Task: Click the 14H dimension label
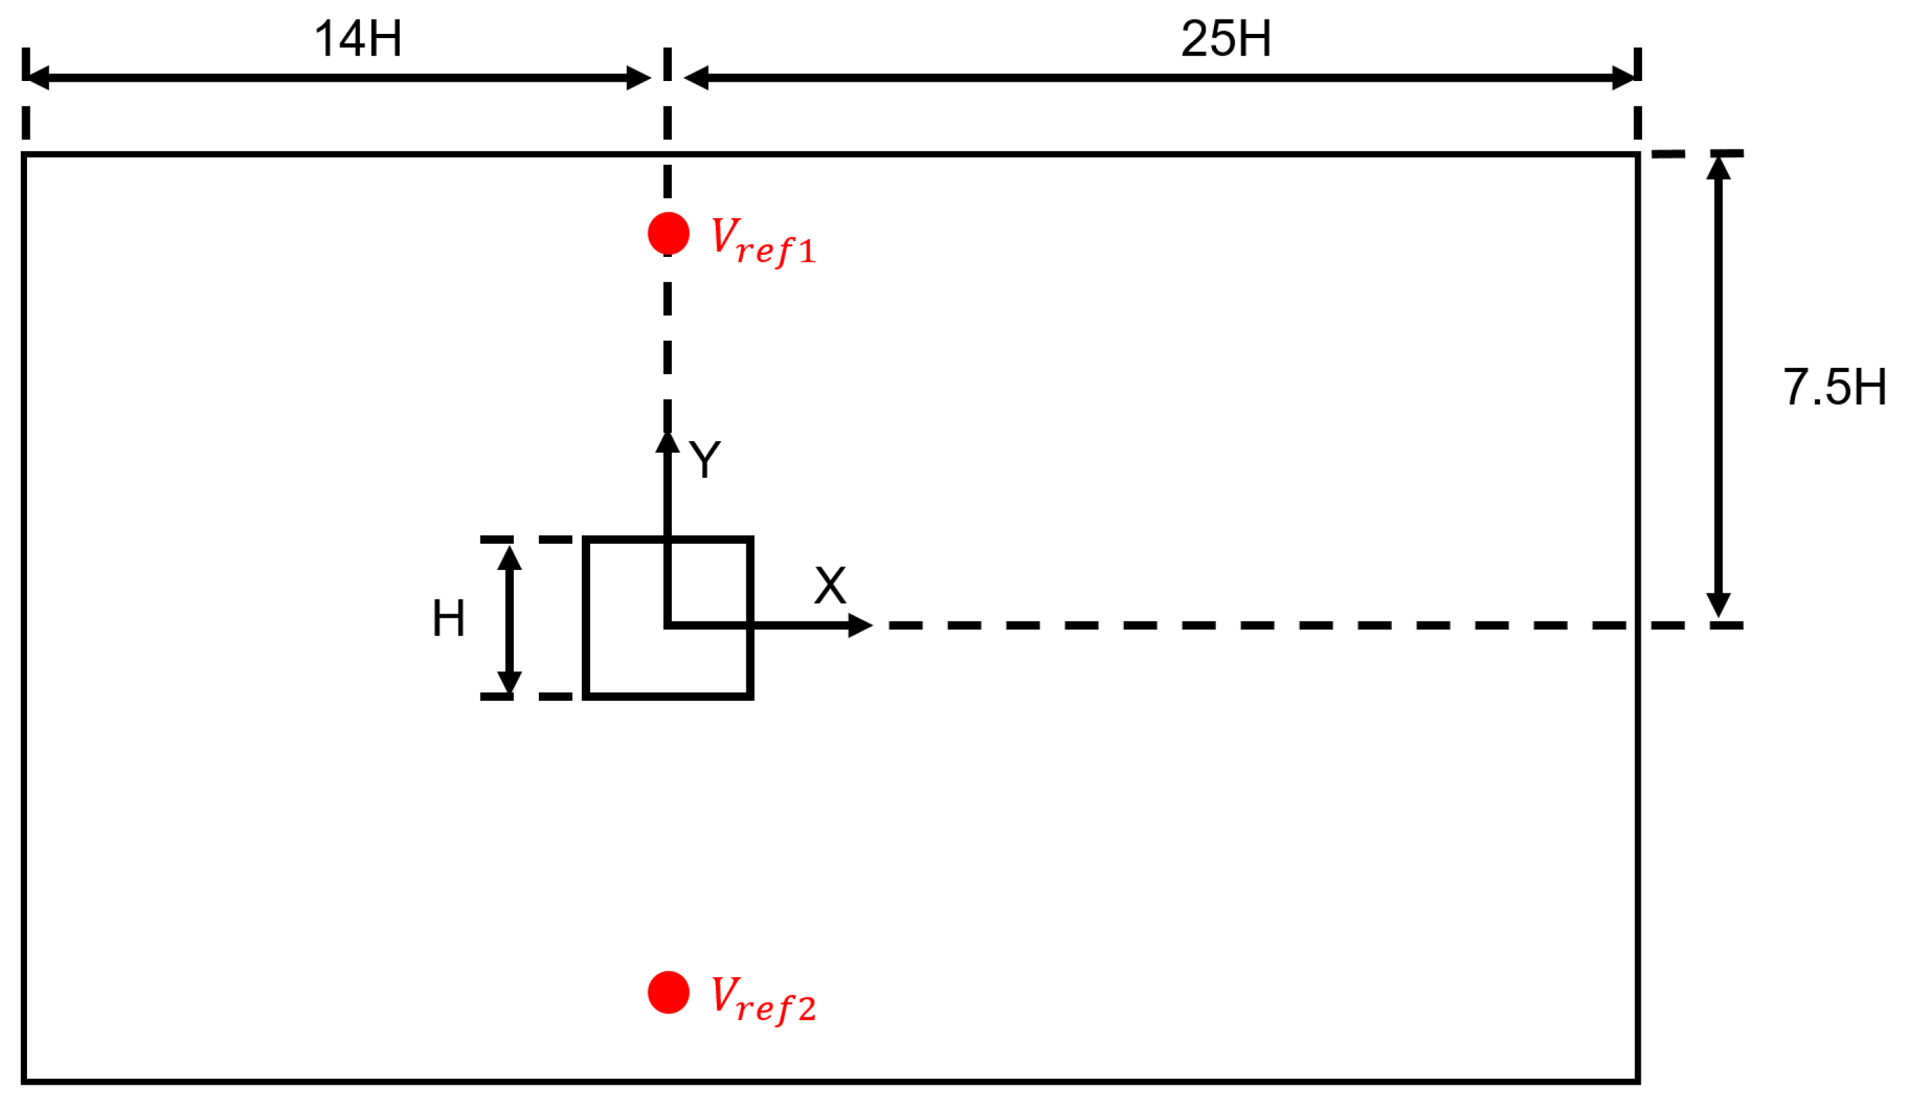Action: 358,39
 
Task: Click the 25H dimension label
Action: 1226,39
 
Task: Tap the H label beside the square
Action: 448,618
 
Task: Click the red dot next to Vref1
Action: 668,233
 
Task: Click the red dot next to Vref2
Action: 668,992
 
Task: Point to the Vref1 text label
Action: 762,240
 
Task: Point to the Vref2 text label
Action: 762,999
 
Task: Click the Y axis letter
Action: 705,459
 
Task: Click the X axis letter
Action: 830,585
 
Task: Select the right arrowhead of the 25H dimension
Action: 1624,78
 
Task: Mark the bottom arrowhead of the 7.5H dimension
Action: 1718,605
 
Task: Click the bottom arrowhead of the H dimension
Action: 509,682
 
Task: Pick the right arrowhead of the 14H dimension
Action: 639,78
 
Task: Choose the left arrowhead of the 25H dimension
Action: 697,78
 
